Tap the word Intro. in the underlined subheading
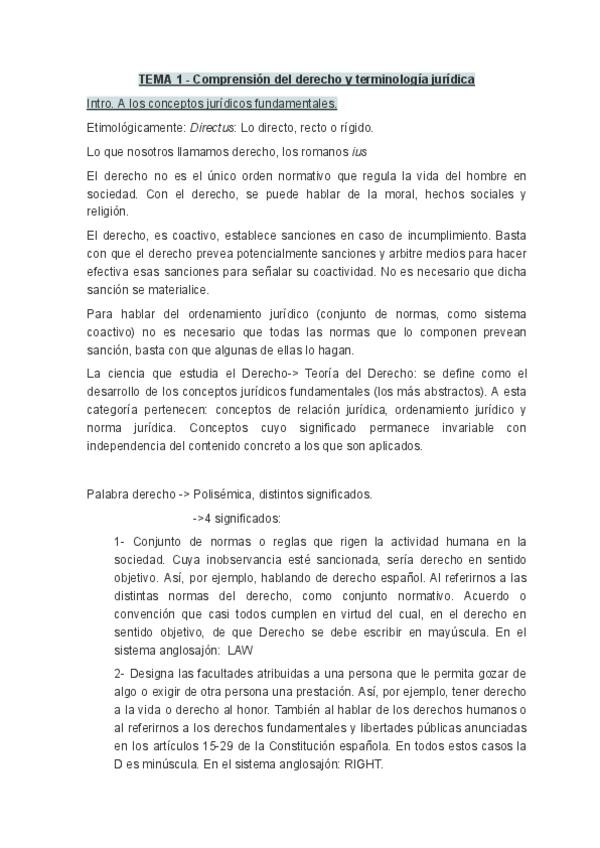[x=103, y=103]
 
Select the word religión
[x=108, y=212]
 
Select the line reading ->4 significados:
[x=237, y=518]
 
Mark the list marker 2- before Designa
[x=120, y=673]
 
